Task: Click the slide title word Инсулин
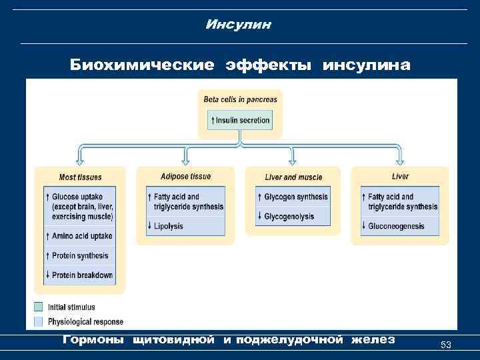[239, 25]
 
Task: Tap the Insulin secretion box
[240, 121]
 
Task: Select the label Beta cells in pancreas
[240, 99]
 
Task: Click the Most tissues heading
[80, 177]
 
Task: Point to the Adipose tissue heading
[185, 177]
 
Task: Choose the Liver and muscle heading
[293, 177]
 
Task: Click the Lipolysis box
[185, 226]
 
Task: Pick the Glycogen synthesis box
[293, 197]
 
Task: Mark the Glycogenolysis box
[293, 216]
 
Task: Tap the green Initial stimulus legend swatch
[39, 307]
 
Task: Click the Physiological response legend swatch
[39, 321]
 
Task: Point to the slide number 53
[446, 345]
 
